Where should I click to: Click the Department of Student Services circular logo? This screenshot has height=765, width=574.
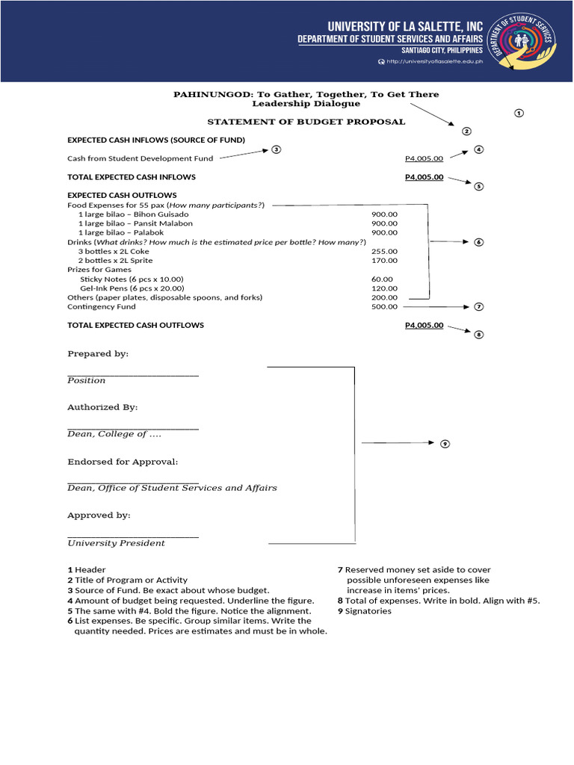pos(528,40)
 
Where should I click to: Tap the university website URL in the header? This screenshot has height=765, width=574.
pos(434,61)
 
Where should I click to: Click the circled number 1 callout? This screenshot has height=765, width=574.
pos(519,113)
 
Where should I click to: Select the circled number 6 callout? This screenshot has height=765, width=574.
pos(479,242)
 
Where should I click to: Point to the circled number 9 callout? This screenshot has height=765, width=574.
pos(445,444)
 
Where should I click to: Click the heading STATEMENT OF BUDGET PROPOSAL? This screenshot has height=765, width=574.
pos(306,122)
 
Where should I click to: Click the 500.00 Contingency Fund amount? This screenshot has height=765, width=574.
pos(384,306)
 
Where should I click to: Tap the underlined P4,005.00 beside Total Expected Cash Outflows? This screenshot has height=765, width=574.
pos(424,325)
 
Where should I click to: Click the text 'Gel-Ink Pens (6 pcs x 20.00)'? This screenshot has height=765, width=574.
pos(132,288)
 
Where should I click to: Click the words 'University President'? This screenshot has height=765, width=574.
pos(116,543)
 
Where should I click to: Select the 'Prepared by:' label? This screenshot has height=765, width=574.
pos(98,354)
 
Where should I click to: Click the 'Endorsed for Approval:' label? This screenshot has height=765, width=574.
pos(123,462)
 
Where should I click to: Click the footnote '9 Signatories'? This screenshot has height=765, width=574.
pos(364,611)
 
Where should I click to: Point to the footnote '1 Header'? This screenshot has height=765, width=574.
pos(87,570)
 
